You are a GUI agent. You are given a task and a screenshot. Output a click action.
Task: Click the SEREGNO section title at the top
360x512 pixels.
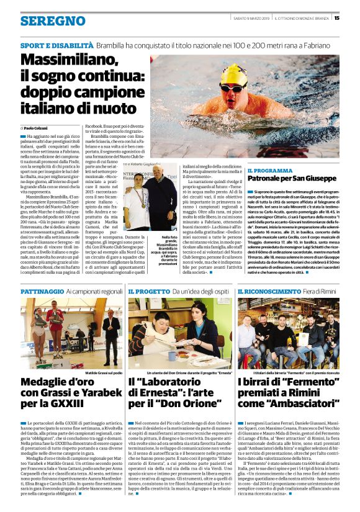[x=53, y=21]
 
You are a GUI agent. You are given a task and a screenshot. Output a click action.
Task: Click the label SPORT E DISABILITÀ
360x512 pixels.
[x=56, y=46]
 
